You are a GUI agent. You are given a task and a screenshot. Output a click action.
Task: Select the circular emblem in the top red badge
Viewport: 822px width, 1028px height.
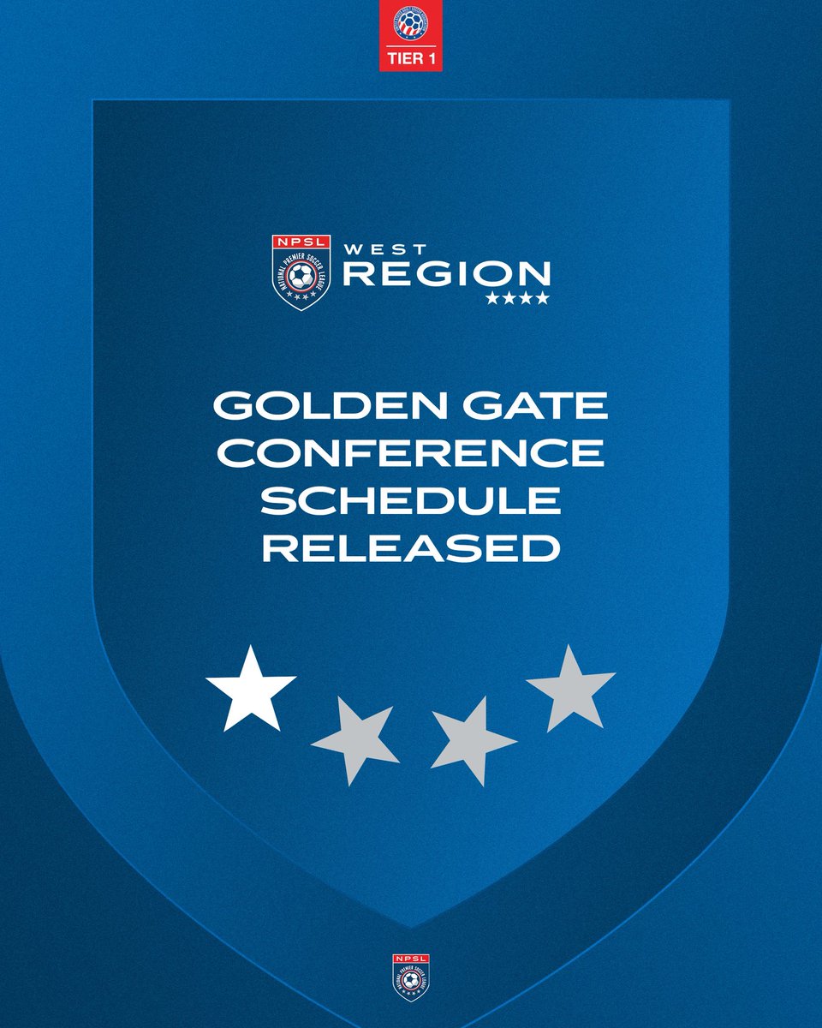411,26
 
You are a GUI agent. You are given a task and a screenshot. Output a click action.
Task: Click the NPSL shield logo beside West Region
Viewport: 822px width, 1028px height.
301,272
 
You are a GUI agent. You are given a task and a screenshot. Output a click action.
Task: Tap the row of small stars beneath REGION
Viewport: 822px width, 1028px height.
518,299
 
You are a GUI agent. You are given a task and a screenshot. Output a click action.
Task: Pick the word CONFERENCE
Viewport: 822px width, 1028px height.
411,453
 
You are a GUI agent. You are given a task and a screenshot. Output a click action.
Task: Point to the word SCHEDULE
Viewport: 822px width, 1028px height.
411,501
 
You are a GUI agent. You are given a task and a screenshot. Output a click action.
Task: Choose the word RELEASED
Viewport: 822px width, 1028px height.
411,549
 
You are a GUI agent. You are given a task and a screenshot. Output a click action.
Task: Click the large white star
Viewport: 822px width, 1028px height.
250,690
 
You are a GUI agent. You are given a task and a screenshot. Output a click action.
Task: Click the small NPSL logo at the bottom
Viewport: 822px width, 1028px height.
411,976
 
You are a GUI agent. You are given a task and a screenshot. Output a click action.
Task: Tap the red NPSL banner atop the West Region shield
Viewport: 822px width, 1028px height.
301,242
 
